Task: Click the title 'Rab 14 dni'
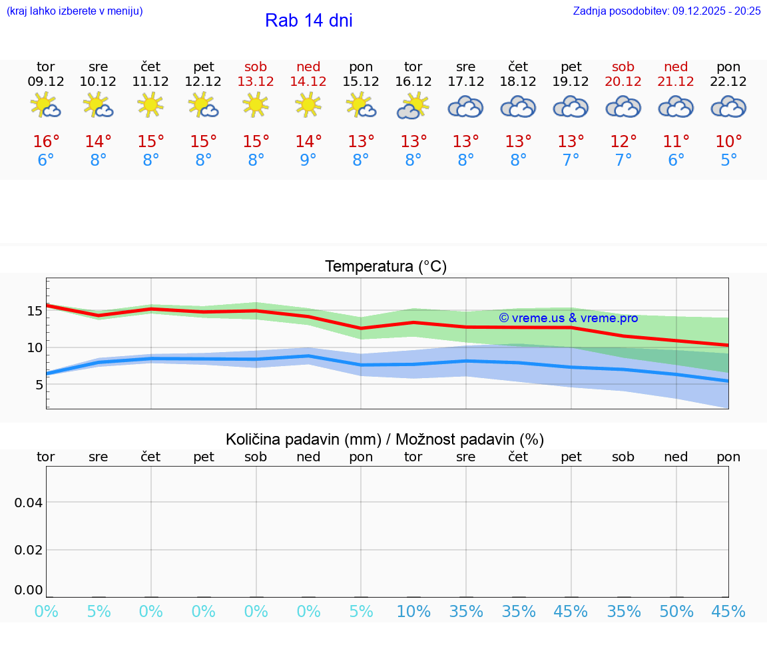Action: [x=308, y=21]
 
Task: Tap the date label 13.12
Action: [x=256, y=81]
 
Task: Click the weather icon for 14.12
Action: [x=308, y=105]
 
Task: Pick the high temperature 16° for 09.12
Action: [x=46, y=142]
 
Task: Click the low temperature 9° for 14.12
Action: [x=308, y=160]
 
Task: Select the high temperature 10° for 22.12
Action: [x=728, y=142]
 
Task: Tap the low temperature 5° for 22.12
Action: [x=728, y=160]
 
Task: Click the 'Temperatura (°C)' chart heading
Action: [x=385, y=267]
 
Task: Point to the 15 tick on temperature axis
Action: [x=35, y=310]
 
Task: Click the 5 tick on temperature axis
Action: [x=39, y=385]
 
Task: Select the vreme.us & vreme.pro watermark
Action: [x=568, y=318]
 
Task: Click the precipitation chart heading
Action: [x=385, y=439]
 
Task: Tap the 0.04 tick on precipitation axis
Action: [x=29, y=503]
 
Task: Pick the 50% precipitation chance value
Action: [x=676, y=612]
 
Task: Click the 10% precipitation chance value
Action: [x=413, y=612]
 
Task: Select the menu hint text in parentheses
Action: [x=74, y=11]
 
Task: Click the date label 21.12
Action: [x=676, y=81]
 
